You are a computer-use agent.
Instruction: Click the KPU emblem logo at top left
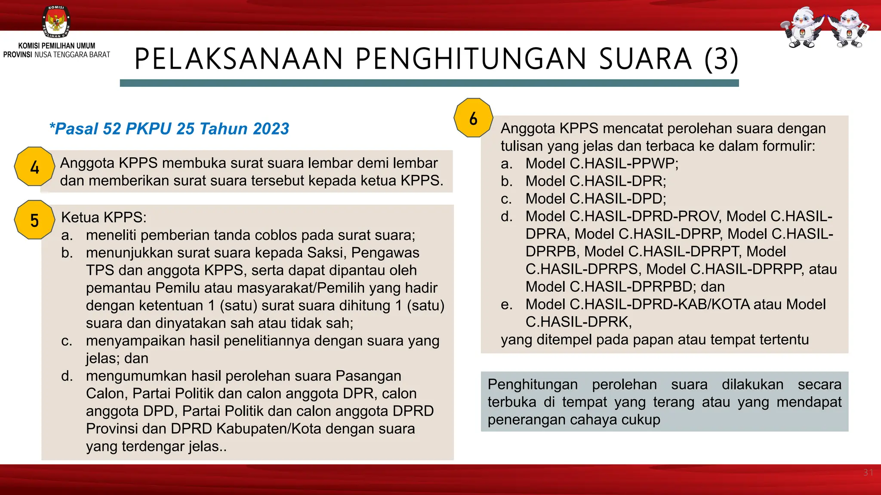[56, 21]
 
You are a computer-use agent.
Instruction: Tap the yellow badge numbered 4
[34, 167]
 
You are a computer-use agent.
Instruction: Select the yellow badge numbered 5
[34, 220]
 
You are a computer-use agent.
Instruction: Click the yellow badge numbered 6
[473, 118]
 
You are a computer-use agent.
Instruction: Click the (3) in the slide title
[721, 59]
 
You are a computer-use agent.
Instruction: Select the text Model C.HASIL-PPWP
[601, 163]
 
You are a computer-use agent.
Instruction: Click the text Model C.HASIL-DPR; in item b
[595, 181]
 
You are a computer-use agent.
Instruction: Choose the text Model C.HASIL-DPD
[595, 199]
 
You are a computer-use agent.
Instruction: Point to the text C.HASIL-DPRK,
[579, 322]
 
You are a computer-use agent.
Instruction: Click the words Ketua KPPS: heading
[104, 217]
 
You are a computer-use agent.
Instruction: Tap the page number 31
[868, 473]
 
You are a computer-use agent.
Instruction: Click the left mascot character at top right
[802, 27]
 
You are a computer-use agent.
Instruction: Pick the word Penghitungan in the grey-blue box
[533, 384]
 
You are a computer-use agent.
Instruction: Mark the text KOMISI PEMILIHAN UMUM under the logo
[57, 46]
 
